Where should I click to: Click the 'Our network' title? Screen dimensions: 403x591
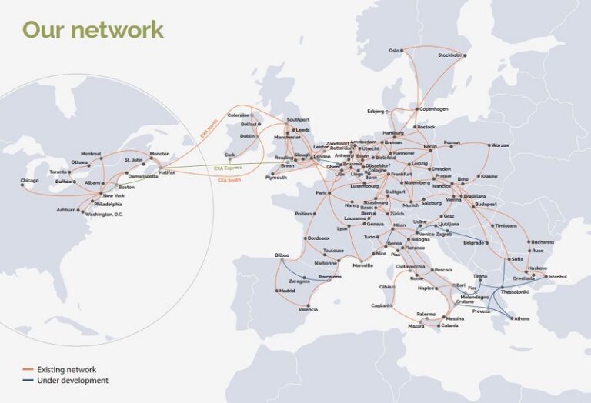point(92,29)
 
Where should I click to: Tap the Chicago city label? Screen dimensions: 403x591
point(28,181)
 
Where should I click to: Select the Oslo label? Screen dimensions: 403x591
point(394,51)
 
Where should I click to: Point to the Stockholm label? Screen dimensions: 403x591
point(449,55)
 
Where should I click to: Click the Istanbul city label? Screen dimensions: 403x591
point(556,275)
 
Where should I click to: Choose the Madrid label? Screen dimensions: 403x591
point(286,291)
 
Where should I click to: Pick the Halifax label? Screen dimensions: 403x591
point(167,172)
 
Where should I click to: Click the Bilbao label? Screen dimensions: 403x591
point(282,255)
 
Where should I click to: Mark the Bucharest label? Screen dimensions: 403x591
point(542,242)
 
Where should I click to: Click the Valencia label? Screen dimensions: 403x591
point(308,309)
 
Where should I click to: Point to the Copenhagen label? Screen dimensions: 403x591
point(433,108)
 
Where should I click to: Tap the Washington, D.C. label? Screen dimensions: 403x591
point(104,214)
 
